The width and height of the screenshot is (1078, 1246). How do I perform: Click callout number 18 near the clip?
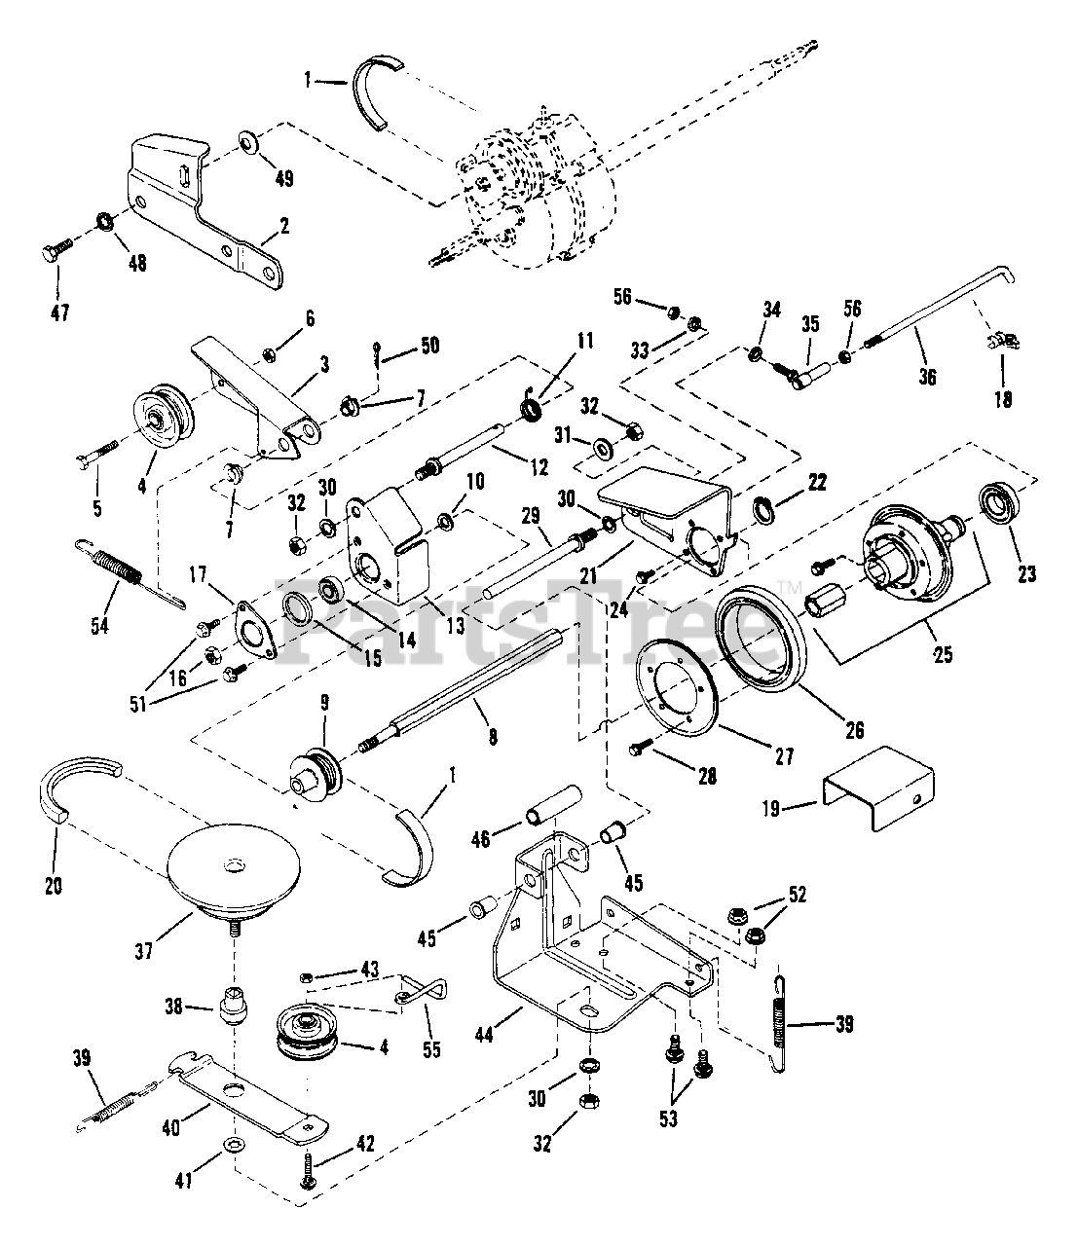(1003, 399)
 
